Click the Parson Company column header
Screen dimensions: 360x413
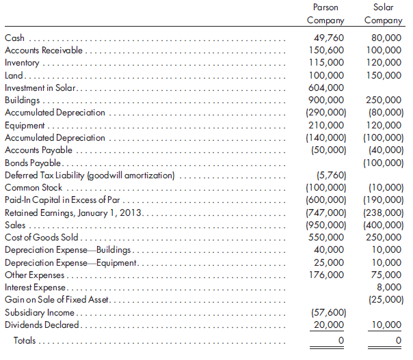click(x=325, y=14)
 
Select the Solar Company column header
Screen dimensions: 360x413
click(x=384, y=14)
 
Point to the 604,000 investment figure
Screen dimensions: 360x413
click(x=326, y=88)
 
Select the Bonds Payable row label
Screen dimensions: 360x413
click(x=34, y=163)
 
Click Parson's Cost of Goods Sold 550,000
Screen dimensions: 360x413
click(x=326, y=237)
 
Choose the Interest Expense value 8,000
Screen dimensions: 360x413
click(x=390, y=288)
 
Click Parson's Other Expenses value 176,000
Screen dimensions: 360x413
click(x=326, y=275)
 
